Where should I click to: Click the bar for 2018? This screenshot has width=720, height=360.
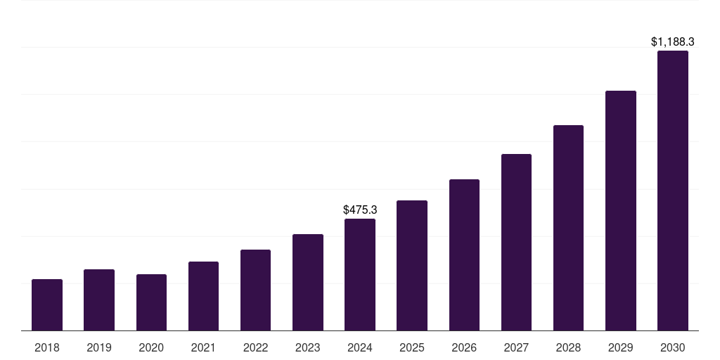click(x=47, y=305)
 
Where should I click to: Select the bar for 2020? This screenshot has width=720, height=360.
click(x=151, y=302)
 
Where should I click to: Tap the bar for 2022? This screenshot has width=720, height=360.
click(x=255, y=290)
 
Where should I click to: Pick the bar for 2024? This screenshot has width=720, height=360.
click(x=360, y=275)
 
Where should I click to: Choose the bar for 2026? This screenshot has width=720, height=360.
click(x=464, y=255)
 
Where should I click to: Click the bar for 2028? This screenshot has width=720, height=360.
click(x=568, y=228)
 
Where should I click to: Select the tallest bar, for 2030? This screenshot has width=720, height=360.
click(x=672, y=191)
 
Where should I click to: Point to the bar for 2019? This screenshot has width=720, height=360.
click(x=99, y=300)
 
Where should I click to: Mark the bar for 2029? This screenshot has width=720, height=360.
click(x=620, y=211)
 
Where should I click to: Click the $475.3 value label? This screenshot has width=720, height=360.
click(x=360, y=210)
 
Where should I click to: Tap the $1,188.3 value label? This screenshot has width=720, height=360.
click(x=672, y=42)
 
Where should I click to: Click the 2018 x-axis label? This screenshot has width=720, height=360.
click(x=47, y=347)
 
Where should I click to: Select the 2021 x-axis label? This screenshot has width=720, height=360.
click(x=203, y=347)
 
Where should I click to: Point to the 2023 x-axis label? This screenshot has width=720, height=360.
click(x=308, y=347)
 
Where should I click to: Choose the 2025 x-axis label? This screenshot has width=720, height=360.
click(x=412, y=347)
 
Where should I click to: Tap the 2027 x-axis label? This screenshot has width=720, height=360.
click(x=516, y=347)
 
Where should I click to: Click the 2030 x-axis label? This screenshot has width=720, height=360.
click(x=672, y=347)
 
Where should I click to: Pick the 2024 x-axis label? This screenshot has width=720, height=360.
click(x=360, y=347)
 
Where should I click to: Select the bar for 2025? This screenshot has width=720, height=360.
click(x=412, y=266)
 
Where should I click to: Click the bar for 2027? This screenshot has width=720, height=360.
click(x=516, y=243)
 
